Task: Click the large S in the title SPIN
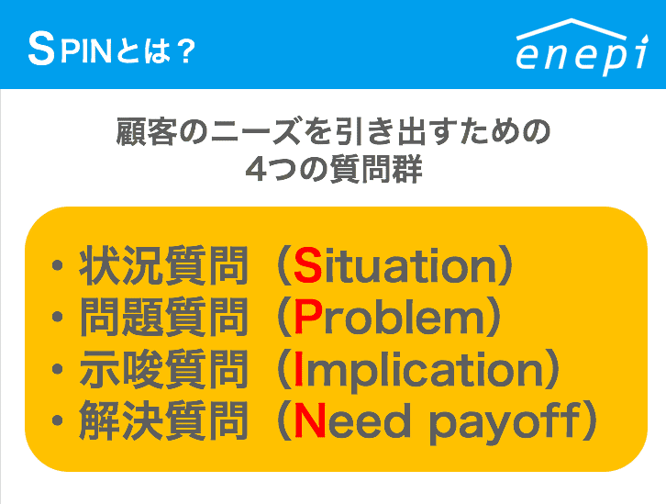[x=40, y=51]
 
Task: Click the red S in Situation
[x=306, y=267]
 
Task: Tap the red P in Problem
[x=306, y=319]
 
